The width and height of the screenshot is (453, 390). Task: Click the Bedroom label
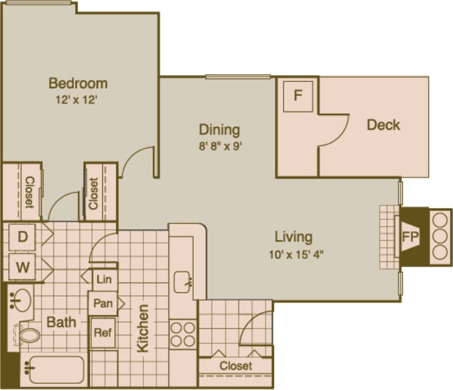click(x=78, y=83)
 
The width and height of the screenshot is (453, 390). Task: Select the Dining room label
click(x=219, y=130)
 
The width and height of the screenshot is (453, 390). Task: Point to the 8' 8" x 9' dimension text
click(x=219, y=147)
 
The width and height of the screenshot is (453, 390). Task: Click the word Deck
click(x=383, y=125)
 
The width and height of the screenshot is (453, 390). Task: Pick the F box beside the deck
click(x=298, y=96)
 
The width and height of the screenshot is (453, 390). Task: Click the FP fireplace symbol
click(x=410, y=237)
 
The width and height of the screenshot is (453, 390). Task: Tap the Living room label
click(x=294, y=237)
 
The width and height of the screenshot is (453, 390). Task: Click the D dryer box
click(x=22, y=237)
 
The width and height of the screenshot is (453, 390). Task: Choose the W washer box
click(x=22, y=268)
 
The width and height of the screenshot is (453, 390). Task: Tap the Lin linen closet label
click(x=104, y=279)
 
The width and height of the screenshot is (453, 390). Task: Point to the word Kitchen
click(x=143, y=328)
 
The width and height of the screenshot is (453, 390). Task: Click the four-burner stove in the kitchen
click(x=182, y=333)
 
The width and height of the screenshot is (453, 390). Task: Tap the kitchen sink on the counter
click(x=182, y=281)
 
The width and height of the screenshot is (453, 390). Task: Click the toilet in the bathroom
click(x=27, y=335)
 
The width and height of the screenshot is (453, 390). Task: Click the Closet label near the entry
click(x=236, y=366)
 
